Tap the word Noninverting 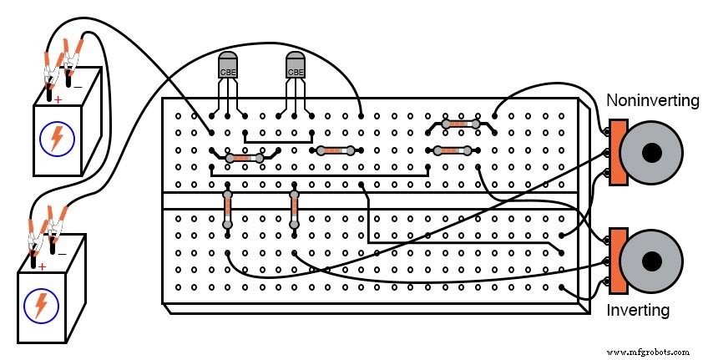click(652, 100)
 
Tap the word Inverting click(638, 311)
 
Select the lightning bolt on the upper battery click(56, 137)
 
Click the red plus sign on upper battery click(58, 99)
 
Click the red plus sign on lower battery click(41, 267)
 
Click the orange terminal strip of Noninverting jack click(618, 152)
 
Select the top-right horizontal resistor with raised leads click(461, 124)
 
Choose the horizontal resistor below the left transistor click(244, 158)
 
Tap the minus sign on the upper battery click(78, 86)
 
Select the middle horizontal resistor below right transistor click(336, 150)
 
